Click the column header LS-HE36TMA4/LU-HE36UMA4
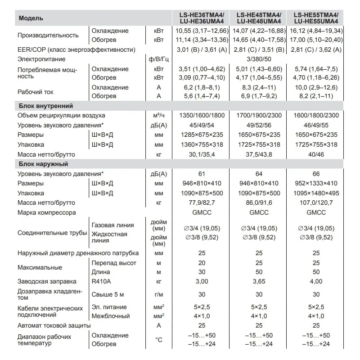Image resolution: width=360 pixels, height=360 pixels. coord(201,18)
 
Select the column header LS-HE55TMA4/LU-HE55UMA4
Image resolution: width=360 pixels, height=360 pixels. coord(316,18)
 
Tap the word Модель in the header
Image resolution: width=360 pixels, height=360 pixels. coord(31,18)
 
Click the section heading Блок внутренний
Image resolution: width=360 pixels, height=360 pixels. coord(46,106)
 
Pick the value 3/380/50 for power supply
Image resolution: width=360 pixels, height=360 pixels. coord(258,59)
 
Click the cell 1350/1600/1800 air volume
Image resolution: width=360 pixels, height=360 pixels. coord(201,116)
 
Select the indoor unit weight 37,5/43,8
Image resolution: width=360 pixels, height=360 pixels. coord(258,155)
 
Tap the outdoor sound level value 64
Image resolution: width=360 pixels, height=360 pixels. coord(258,174)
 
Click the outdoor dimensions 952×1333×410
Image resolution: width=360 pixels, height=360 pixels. coord(316,184)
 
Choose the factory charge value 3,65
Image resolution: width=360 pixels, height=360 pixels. coord(258,281)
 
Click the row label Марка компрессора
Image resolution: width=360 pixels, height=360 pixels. coord(47,212)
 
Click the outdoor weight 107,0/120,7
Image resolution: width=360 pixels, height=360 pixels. coord(316,203)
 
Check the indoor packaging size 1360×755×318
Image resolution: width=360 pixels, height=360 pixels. coord(201,144)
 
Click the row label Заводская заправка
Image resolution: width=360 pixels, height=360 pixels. coord(47,281)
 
